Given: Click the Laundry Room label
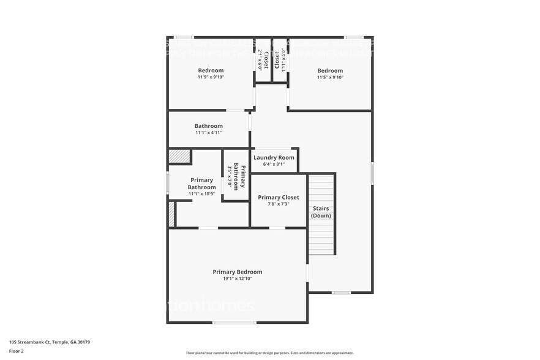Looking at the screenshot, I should [274, 157].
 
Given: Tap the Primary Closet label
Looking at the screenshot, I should [278, 197].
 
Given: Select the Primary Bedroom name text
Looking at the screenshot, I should [237, 272].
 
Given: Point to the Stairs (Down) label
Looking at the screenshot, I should [321, 212].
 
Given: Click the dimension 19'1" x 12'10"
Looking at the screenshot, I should [237, 279].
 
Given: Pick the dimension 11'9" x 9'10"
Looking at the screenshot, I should [210, 77].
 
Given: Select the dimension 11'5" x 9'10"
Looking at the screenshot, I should [330, 77].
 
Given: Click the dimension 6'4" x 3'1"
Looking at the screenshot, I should [274, 164].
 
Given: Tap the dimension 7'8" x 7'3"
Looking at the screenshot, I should [278, 204].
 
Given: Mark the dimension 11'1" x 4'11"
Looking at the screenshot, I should [208, 132].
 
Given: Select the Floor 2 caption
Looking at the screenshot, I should [17, 351].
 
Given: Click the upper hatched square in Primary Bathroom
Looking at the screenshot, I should [180, 156].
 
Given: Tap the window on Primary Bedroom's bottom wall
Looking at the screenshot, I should [234, 322].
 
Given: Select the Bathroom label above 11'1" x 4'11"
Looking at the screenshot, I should [208, 126].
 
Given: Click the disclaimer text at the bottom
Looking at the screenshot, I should [269, 353].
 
